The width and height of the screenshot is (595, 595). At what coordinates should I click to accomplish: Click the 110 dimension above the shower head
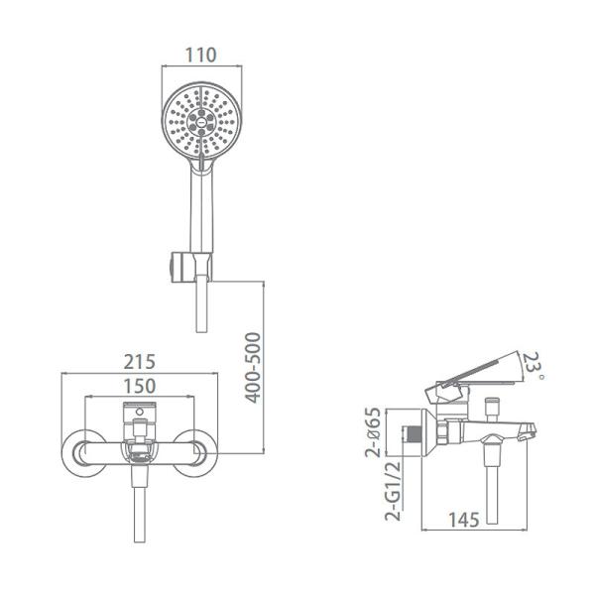[x=200, y=56]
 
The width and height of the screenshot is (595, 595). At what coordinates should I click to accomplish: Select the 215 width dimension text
[x=140, y=362]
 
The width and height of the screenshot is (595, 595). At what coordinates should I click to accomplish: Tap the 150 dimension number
[x=140, y=387]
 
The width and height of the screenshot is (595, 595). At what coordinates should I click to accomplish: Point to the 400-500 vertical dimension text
[x=253, y=368]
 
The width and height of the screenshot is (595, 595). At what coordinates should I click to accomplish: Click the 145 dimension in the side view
[x=464, y=520]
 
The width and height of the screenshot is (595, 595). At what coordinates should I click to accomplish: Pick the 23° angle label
[x=534, y=366]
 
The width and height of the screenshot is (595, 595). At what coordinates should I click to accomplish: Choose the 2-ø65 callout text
[x=373, y=432]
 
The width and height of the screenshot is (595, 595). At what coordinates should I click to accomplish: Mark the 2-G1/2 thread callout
[x=393, y=491]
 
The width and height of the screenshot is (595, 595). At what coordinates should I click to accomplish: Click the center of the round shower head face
[x=201, y=122]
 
